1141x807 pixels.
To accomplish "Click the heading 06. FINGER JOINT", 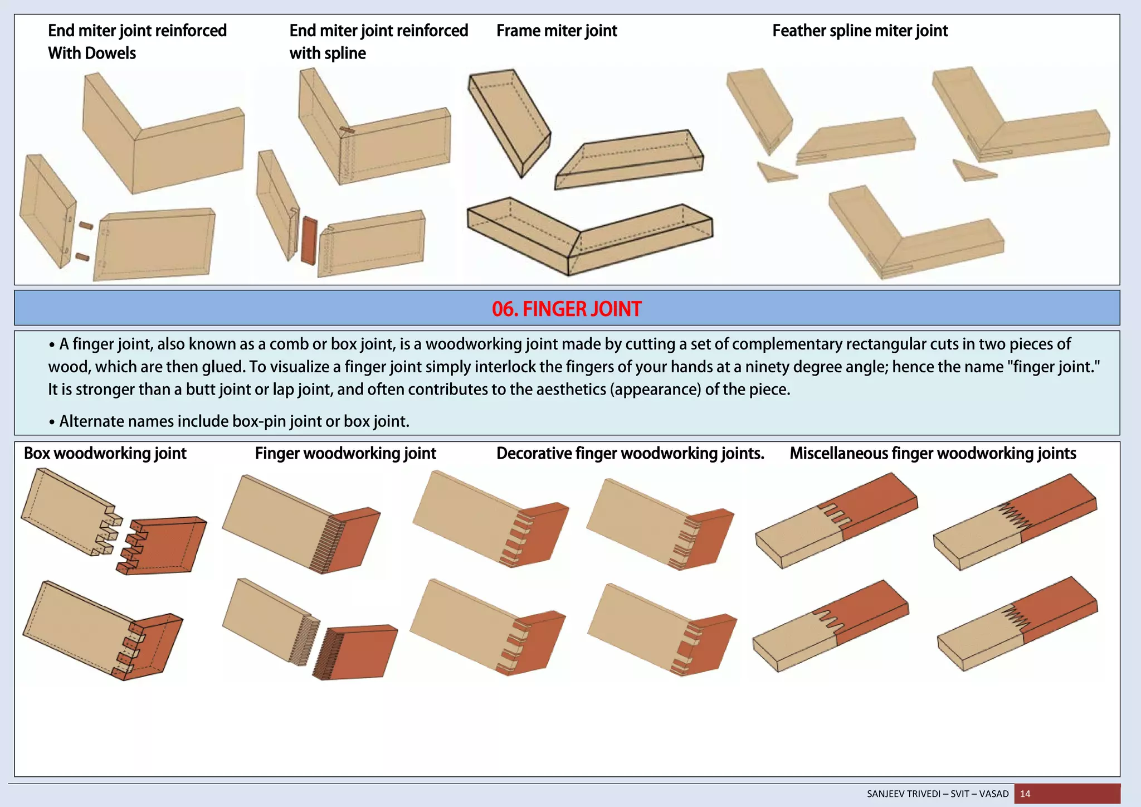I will [x=567, y=309].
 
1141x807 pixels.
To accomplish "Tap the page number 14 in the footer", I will [x=1025, y=794].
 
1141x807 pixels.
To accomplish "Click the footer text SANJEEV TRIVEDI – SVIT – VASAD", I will [x=938, y=794].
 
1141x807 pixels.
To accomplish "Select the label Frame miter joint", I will [x=557, y=31].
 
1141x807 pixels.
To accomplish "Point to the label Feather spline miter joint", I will [x=860, y=31].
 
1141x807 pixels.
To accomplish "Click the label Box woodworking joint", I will [x=105, y=453].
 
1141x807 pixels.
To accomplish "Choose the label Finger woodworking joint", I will [x=345, y=453].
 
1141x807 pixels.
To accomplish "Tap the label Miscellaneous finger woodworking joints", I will [x=933, y=453].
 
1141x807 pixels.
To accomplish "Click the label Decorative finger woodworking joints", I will [x=630, y=453].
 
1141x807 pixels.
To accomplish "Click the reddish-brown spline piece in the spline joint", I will [x=309, y=240].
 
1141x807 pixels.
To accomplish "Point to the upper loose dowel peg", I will [x=85, y=226].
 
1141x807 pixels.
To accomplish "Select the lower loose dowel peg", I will [x=82, y=257].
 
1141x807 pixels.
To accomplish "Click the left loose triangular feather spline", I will [x=775, y=173].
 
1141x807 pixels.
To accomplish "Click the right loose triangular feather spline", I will [x=972, y=171].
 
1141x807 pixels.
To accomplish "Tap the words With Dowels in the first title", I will [x=92, y=54].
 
